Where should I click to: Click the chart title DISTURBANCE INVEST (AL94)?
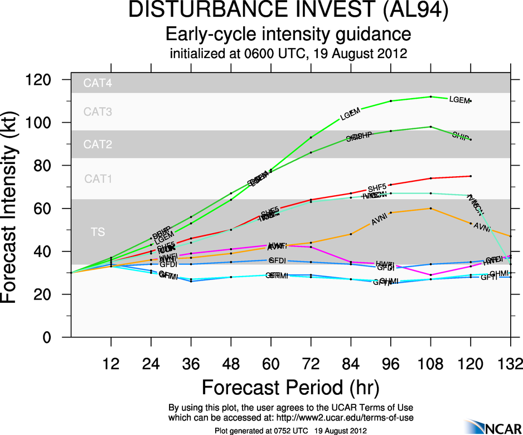pos(289,11)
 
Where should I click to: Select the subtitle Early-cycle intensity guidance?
pos(289,35)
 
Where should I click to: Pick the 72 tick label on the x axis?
pos(311,365)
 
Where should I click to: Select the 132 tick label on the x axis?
pos(510,365)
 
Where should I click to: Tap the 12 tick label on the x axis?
pos(111,365)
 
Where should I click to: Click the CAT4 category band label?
pos(98,84)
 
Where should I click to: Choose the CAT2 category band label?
pos(98,145)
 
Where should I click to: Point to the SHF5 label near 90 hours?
pos(377,188)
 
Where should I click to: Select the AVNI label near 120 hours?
pos(482,227)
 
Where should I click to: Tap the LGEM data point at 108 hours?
pos(431,96)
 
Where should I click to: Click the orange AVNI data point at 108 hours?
pos(431,209)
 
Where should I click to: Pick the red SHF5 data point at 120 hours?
pos(471,176)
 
